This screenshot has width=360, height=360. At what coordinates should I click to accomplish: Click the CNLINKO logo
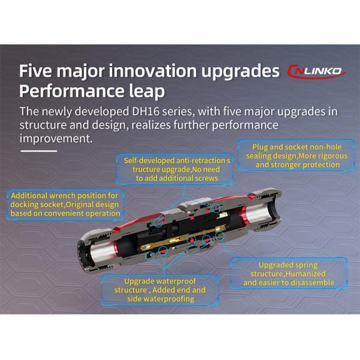(x=317, y=71)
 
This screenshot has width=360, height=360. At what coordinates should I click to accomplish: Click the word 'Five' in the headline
(x=35, y=71)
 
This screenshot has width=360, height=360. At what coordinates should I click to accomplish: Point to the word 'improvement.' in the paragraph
(x=56, y=139)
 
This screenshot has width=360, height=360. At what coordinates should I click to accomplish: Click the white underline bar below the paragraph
(x=38, y=151)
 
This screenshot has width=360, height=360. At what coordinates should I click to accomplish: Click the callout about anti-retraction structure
(x=175, y=169)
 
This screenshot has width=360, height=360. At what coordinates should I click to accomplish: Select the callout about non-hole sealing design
(x=296, y=155)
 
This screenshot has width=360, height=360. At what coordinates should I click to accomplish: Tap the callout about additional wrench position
(x=65, y=205)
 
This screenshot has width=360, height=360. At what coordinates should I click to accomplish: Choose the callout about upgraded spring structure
(x=289, y=274)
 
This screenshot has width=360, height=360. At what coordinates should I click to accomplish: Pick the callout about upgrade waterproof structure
(x=160, y=290)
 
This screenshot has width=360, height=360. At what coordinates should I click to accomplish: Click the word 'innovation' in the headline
(x=152, y=71)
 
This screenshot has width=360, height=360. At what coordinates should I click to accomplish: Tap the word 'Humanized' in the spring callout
(x=305, y=274)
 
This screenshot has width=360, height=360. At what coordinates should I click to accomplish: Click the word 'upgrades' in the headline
(x=241, y=71)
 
